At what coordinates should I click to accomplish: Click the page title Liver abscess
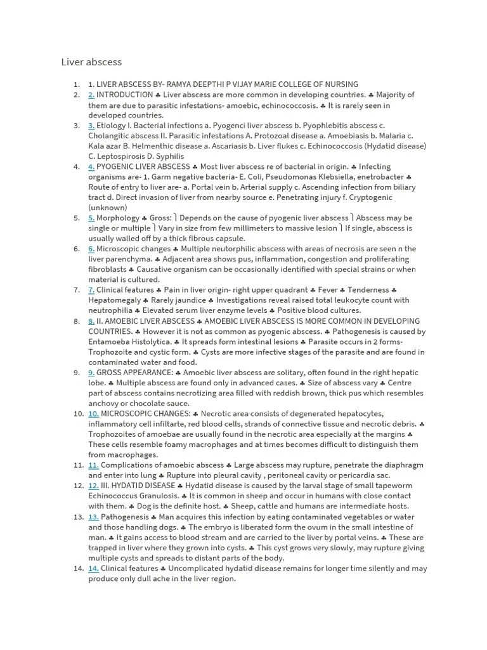[91, 62]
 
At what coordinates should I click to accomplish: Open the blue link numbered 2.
[91, 95]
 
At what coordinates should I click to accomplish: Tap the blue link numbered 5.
[91, 218]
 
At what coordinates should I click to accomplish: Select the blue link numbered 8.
[91, 321]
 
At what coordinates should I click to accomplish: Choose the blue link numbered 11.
[93, 465]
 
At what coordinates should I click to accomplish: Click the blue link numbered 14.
[93, 568]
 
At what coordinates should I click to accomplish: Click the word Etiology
[111, 126]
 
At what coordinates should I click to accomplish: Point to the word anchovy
[104, 403]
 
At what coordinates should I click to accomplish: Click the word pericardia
[354, 475]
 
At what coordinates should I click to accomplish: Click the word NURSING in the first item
[340, 84]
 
